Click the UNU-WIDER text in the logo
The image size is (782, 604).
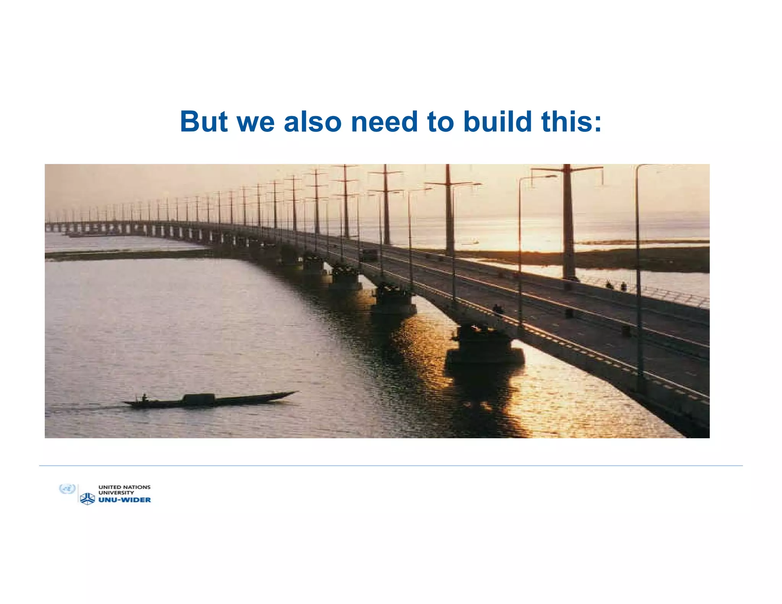[x=124, y=500]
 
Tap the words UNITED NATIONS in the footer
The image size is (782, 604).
[x=124, y=487]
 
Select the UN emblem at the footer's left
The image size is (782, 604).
[x=67, y=489]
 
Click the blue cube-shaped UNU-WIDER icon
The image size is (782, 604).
[x=87, y=499]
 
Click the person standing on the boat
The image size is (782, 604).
[x=144, y=398]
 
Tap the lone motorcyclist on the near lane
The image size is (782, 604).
[x=497, y=309]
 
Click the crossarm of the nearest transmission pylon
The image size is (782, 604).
[x=567, y=168]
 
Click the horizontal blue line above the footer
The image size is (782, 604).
[x=391, y=466]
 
